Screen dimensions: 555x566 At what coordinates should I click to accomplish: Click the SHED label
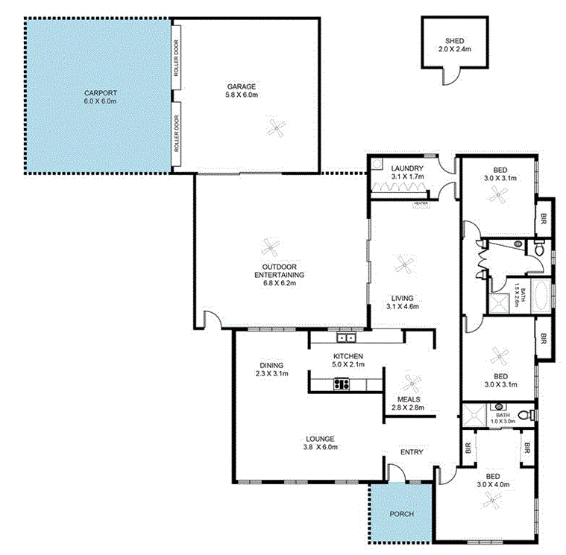pos(454,42)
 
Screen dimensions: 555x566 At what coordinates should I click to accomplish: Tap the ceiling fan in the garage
pos(277,129)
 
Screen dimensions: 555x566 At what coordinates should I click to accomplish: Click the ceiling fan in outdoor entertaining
pos(269,248)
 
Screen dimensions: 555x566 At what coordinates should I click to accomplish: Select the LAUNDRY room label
pos(407,168)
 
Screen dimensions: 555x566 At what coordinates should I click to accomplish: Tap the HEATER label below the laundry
pos(421,203)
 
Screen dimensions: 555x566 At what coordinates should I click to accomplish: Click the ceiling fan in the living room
pos(403,263)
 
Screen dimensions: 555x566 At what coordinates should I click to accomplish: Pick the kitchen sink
pos(345,337)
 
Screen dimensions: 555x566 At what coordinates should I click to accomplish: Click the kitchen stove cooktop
pos(342,384)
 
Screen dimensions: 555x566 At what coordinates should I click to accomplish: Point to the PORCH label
pos(401,514)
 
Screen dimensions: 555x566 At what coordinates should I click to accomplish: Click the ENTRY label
pos(412,452)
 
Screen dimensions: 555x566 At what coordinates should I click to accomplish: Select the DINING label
pos(271,365)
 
